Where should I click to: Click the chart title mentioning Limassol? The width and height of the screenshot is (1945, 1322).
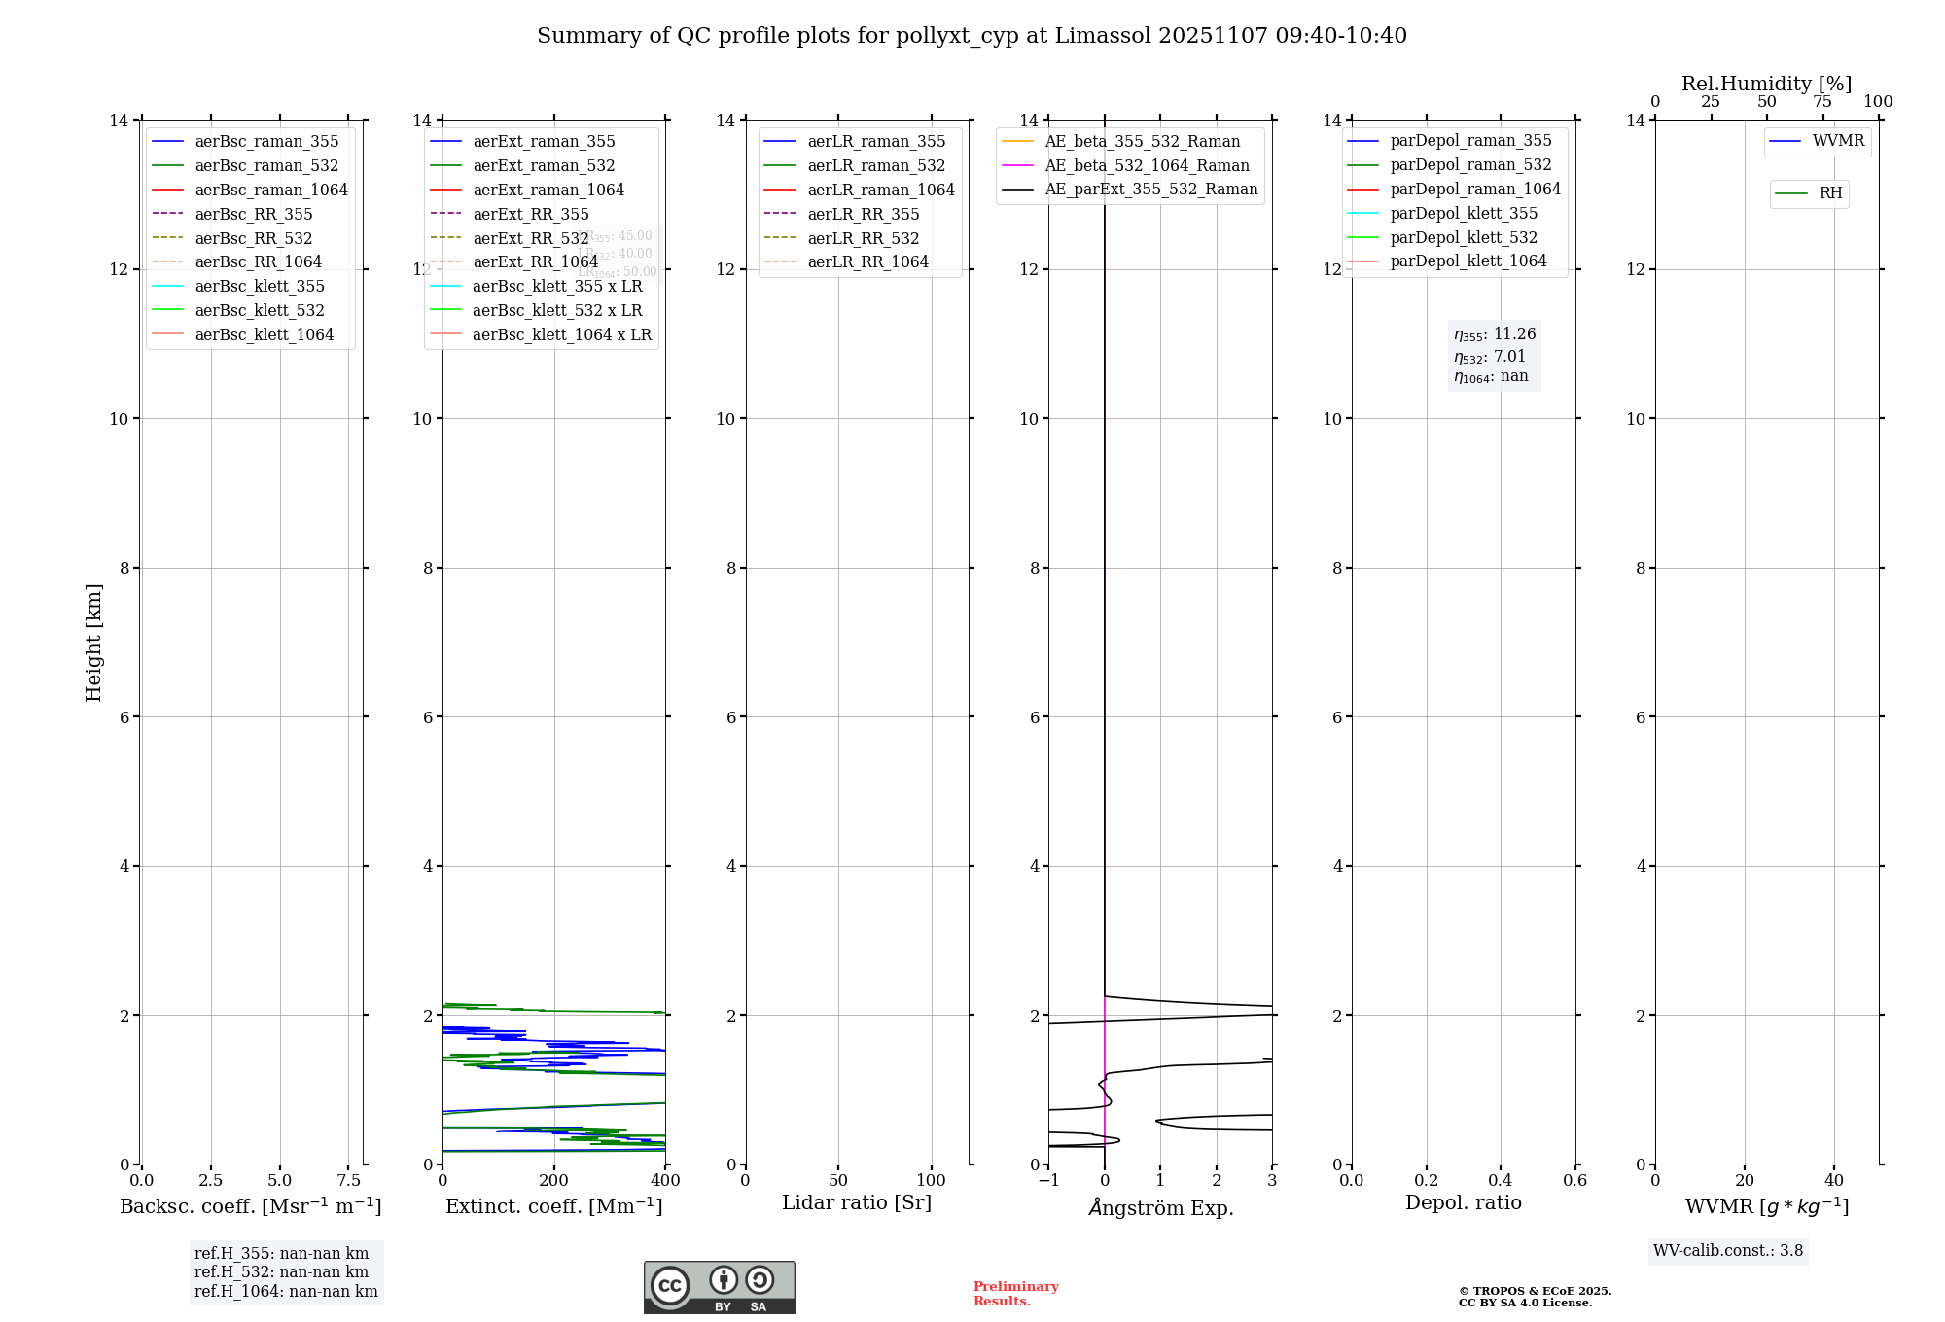(972, 36)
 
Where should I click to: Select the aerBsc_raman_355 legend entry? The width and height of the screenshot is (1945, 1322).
(266, 142)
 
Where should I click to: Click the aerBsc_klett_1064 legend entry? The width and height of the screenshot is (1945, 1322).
(264, 334)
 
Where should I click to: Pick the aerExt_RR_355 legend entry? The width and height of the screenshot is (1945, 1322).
(530, 214)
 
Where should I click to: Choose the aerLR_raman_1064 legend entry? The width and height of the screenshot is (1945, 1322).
(881, 190)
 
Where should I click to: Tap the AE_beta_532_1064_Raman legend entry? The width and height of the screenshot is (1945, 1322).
(1147, 165)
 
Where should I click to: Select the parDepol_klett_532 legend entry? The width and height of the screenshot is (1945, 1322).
(1464, 237)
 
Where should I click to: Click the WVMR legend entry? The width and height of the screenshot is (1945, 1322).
(1838, 141)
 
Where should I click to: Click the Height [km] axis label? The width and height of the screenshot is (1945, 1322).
(93, 642)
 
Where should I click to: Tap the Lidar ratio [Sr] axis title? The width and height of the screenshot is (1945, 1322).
(857, 1202)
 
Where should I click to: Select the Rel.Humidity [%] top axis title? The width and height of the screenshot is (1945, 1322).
(1766, 84)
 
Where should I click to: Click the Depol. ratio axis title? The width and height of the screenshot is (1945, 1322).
(1463, 1202)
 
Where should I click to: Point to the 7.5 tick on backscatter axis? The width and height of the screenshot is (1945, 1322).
(349, 1181)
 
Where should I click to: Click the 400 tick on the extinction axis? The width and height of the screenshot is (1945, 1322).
(665, 1181)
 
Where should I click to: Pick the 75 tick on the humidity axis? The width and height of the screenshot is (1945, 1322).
(1822, 102)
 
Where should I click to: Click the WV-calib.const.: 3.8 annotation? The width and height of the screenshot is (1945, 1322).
(1728, 1251)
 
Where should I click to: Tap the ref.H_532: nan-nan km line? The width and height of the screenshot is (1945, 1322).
(281, 1272)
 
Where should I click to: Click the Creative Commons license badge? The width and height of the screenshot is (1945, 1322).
(719, 1288)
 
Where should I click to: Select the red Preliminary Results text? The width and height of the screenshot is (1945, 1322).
(1015, 1294)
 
